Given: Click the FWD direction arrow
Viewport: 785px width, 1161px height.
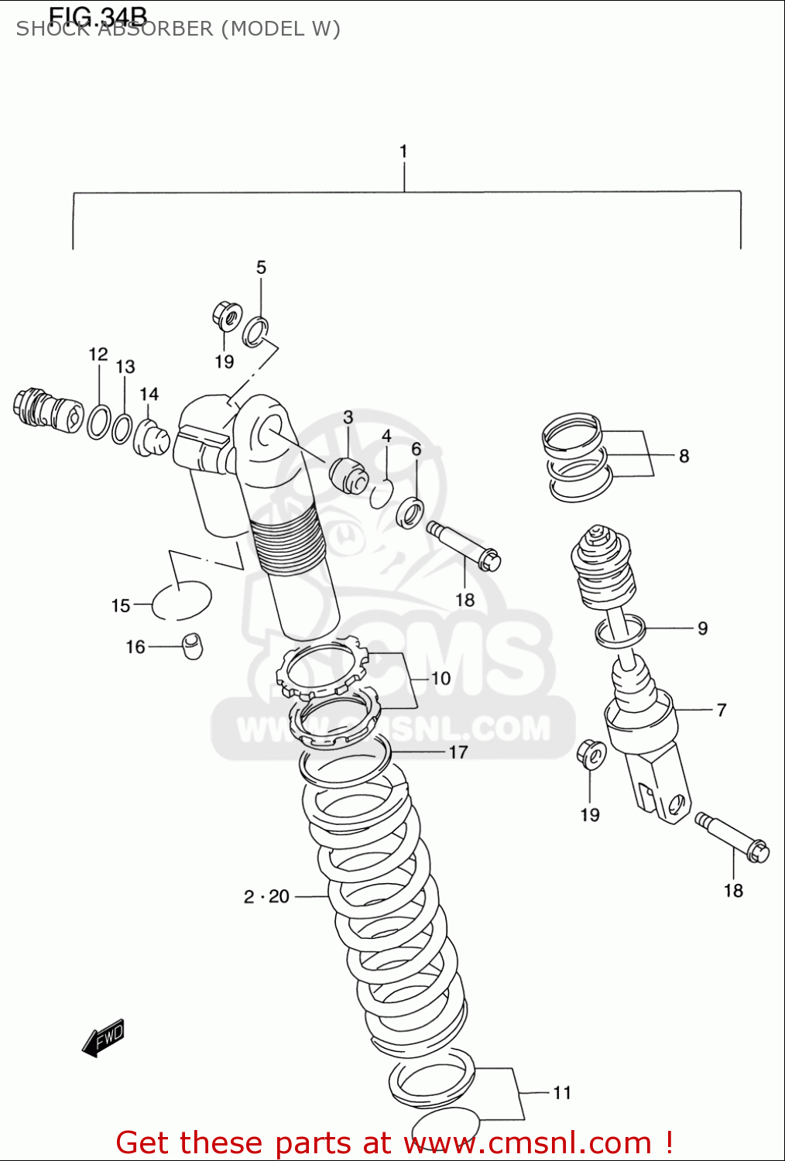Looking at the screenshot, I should click(104, 1038).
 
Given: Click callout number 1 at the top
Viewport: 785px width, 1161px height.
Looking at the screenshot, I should click(403, 152).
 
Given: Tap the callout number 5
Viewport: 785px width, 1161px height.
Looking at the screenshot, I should click(261, 268).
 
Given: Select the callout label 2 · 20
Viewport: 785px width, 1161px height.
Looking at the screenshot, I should click(266, 896).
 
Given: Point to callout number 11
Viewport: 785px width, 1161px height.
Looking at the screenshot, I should click(562, 1092).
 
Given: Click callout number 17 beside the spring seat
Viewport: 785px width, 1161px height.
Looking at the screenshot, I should click(458, 752).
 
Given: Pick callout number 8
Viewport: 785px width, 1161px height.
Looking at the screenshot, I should click(684, 456).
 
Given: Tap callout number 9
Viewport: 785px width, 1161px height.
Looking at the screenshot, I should click(702, 628).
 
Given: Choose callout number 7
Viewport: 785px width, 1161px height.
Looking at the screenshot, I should click(721, 710).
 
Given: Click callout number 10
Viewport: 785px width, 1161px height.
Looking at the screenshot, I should click(440, 679).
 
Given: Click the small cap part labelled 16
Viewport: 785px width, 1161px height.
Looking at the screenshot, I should click(193, 646).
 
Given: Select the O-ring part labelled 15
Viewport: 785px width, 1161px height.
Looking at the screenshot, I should click(181, 601).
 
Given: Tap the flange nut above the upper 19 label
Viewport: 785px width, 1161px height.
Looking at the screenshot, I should click(227, 316).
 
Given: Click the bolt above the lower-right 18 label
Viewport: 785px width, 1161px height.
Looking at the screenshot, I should click(732, 837).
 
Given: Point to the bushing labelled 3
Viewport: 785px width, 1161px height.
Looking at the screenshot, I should click(348, 474).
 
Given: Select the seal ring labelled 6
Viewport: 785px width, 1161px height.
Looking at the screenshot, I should click(410, 512).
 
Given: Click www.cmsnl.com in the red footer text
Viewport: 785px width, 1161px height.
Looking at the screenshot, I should click(528, 1142).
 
